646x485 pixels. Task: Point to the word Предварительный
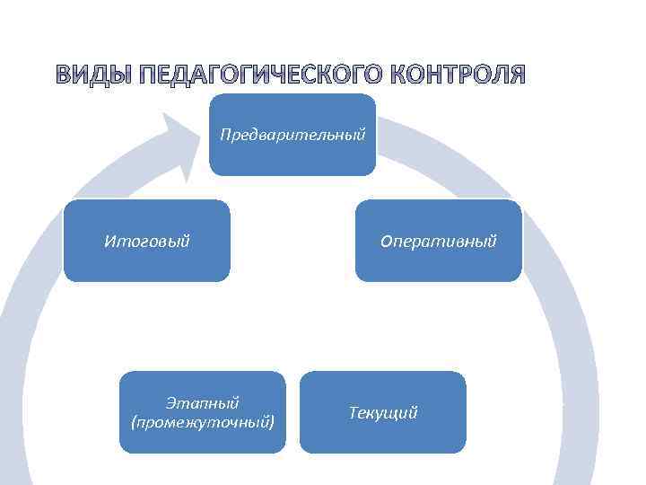(292, 136)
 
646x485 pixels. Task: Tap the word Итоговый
(146, 242)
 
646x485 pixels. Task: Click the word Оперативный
(438, 242)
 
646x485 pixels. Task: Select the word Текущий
(382, 413)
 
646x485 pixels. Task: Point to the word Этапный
(203, 403)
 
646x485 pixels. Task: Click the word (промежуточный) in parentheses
(203, 420)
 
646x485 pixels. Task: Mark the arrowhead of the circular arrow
(184, 144)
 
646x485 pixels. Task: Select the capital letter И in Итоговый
(109, 242)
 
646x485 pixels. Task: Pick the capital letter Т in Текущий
(352, 413)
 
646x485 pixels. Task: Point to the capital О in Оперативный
(386, 242)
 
